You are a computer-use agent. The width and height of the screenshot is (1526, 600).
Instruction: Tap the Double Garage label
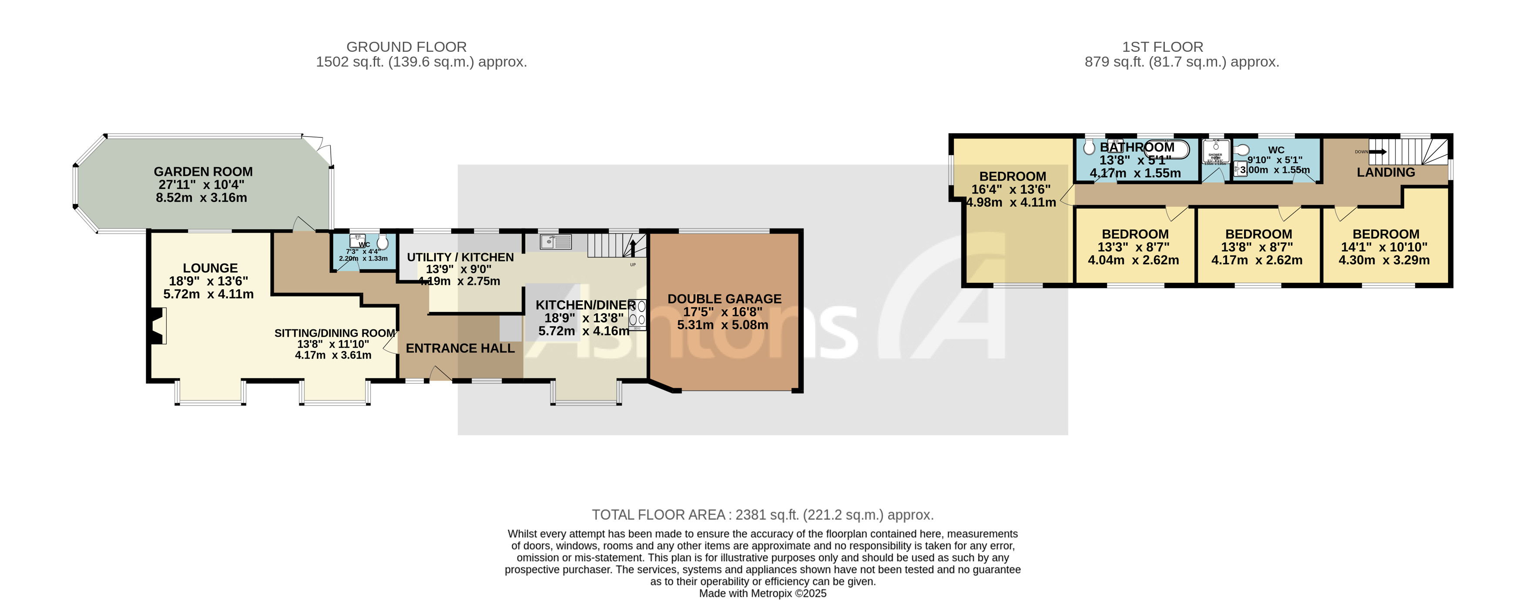pyautogui.click(x=724, y=299)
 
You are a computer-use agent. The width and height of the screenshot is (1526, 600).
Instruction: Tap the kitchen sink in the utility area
pyautogui.click(x=555, y=241)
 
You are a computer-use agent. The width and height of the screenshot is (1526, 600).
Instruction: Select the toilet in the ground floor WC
pyautogui.click(x=382, y=241)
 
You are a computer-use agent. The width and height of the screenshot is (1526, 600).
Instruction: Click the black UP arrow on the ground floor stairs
pyautogui.click(x=633, y=246)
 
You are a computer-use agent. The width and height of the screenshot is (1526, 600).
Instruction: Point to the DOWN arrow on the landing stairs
pyautogui.click(x=1377, y=151)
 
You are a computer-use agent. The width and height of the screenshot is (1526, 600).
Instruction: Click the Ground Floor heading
pyautogui.click(x=406, y=47)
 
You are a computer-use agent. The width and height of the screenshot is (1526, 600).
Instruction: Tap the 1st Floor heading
pyautogui.click(x=1162, y=47)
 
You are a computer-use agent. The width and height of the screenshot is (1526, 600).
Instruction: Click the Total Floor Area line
pyautogui.click(x=762, y=515)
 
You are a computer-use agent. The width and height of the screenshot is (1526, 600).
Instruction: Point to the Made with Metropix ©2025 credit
pyautogui.click(x=762, y=593)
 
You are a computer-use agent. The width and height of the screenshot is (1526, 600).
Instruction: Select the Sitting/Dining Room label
pyautogui.click(x=334, y=333)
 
